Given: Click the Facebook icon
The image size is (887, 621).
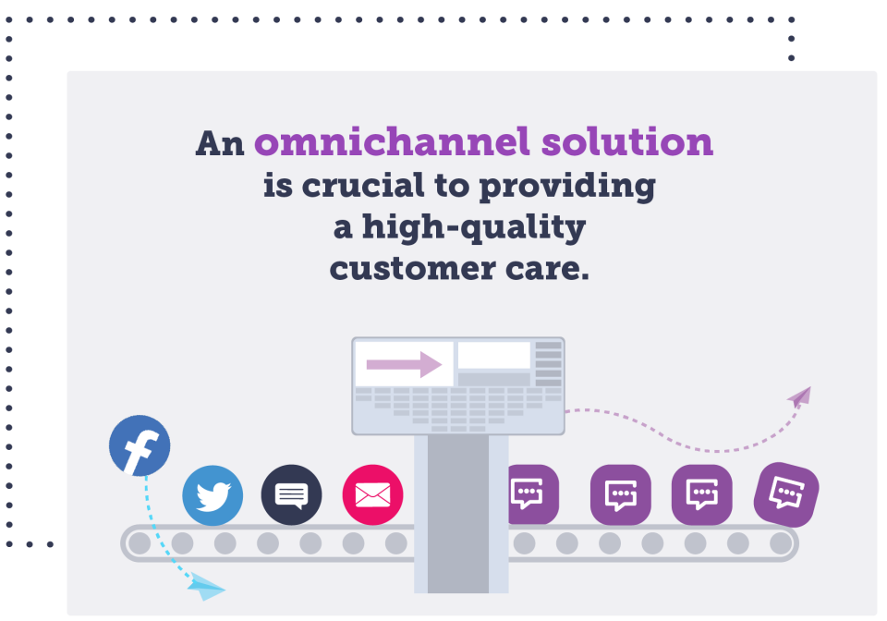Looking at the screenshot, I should pyautogui.click(x=140, y=446).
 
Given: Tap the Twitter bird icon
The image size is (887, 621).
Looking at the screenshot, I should pyautogui.click(x=213, y=495).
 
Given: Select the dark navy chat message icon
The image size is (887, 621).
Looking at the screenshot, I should pyautogui.click(x=291, y=495).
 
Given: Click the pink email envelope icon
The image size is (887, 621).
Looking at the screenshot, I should pyautogui.click(x=372, y=495).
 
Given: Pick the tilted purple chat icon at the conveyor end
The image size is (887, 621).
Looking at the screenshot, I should pyautogui.click(x=786, y=494).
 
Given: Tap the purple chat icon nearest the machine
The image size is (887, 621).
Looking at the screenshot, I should pyautogui.click(x=529, y=493).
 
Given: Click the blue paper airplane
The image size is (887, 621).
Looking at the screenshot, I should pyautogui.click(x=207, y=587).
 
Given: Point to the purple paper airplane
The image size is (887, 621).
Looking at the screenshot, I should pyautogui.click(x=799, y=396).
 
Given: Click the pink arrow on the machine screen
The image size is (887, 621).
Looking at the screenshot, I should pyautogui.click(x=405, y=364).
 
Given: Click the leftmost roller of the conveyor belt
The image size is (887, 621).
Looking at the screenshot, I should pyautogui.click(x=139, y=543).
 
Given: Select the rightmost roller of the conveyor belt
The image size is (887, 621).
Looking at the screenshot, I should pyautogui.click(x=781, y=543).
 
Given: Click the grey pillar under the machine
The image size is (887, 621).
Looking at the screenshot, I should pyautogui.click(x=458, y=514).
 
